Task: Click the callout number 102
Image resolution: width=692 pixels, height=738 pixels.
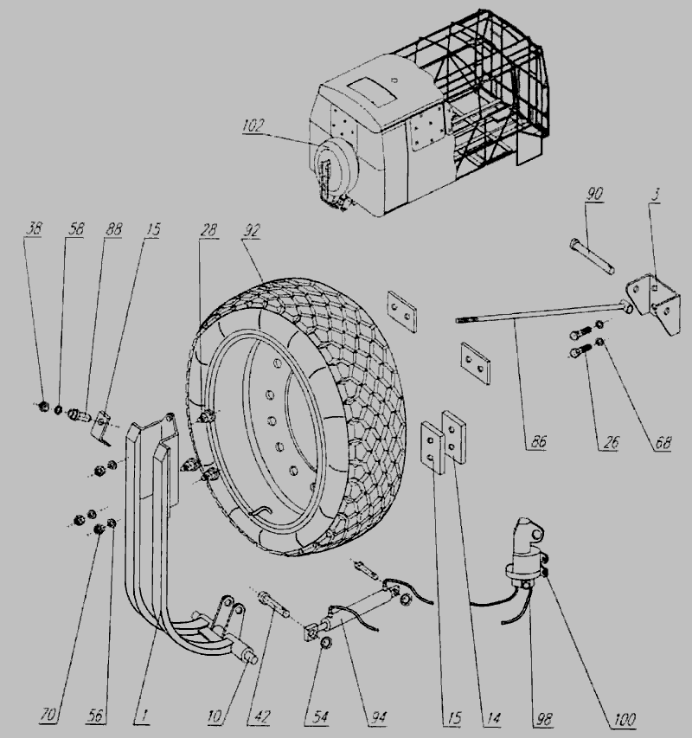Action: (x=253, y=125)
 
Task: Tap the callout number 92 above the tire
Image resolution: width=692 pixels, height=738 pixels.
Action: (x=251, y=231)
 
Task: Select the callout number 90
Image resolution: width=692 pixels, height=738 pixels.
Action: (x=594, y=194)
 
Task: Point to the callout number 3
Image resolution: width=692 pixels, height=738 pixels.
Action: (x=656, y=194)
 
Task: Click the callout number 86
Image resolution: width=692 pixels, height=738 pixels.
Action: (x=539, y=441)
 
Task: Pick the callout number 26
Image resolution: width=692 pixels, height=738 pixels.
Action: (x=611, y=442)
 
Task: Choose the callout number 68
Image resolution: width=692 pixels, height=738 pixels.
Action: (x=663, y=442)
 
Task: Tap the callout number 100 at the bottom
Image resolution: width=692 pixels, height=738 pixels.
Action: (x=625, y=719)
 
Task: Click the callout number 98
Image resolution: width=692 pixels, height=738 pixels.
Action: (x=543, y=719)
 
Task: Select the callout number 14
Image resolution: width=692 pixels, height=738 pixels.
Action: (x=493, y=718)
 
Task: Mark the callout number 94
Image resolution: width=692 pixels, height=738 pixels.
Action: (x=379, y=717)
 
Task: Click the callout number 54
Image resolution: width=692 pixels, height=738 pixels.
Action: (x=320, y=717)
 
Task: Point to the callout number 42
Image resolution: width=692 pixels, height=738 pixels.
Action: (x=262, y=717)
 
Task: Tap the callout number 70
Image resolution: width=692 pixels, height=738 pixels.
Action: (x=48, y=716)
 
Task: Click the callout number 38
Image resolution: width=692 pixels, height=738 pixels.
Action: (x=34, y=228)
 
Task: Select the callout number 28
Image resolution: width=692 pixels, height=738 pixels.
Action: (x=208, y=229)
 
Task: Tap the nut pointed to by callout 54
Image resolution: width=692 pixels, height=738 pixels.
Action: (x=324, y=643)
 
